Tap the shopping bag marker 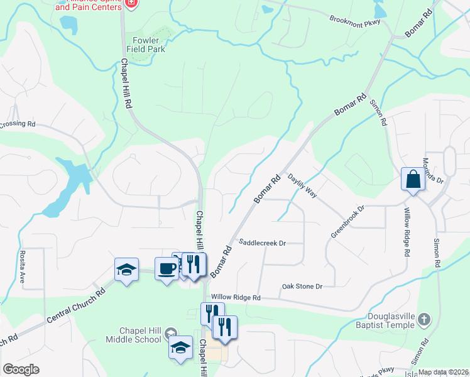pos(413,179)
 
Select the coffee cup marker pos(167,269)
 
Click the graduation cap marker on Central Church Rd pos(127,270)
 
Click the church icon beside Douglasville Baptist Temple pos(425,319)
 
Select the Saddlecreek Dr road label pos(263,243)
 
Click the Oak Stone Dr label pos(302,287)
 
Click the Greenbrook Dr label pos(347,221)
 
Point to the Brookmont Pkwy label pos(356,19)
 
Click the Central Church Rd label pos(75,307)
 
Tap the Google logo pos(21,369)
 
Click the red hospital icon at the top pos(131,3)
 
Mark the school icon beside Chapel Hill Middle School pos(180,347)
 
